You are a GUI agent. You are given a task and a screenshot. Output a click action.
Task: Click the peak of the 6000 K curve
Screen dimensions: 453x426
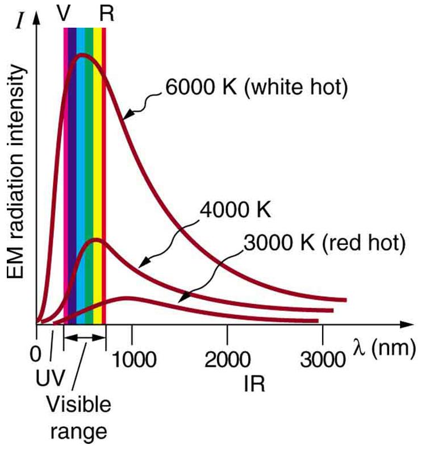click(x=83, y=55)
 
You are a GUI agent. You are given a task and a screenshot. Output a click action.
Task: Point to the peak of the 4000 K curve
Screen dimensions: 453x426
click(x=96, y=239)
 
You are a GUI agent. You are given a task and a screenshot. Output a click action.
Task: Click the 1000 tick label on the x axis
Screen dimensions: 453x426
click(x=132, y=360)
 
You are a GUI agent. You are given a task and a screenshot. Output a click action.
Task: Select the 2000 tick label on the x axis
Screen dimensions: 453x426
click(x=228, y=360)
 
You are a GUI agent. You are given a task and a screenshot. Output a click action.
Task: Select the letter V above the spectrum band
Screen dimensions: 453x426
click(x=64, y=13)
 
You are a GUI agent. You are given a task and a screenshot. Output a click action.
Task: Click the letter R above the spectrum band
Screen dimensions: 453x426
click(x=106, y=13)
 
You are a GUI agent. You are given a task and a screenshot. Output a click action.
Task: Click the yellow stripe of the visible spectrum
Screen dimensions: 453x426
click(x=97, y=171)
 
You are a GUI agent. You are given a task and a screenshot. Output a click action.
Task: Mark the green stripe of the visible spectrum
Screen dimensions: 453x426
click(x=89, y=171)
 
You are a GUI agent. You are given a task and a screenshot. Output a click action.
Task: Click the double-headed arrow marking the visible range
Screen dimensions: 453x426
click(x=85, y=337)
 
